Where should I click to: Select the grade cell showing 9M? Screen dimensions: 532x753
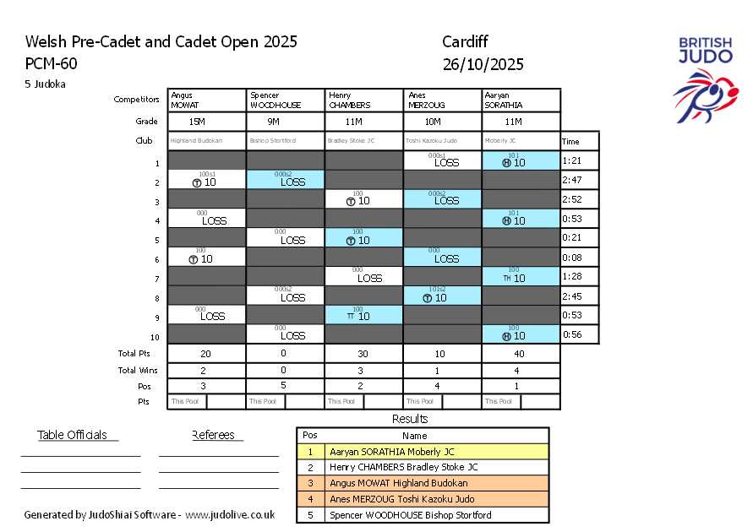click(286, 122)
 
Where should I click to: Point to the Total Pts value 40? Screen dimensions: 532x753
click(521, 355)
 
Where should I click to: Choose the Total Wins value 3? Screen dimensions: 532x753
click(364, 370)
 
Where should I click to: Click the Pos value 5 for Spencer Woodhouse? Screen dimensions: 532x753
click(286, 385)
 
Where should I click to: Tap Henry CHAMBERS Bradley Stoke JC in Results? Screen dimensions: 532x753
click(403, 467)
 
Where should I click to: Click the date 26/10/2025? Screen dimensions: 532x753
click(483, 64)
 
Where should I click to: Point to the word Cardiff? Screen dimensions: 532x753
click(465, 42)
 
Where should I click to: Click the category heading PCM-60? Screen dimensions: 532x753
click(51, 63)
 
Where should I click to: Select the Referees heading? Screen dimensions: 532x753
click(217, 435)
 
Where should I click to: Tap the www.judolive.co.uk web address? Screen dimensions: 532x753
click(230, 514)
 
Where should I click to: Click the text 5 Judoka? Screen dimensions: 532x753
click(46, 84)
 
